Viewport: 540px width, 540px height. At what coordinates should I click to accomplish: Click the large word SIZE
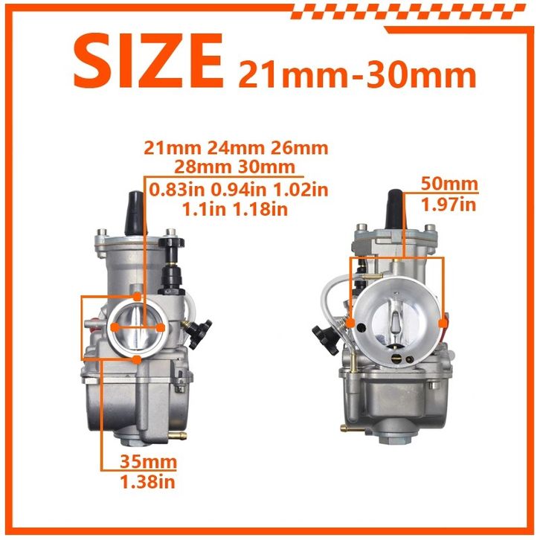click(148, 61)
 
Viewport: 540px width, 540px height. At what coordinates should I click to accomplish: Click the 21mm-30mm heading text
click(358, 74)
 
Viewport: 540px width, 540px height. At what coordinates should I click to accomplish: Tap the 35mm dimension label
click(148, 461)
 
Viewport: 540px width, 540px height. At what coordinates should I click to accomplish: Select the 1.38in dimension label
click(147, 481)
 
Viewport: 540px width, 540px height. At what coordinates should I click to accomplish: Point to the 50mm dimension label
click(450, 184)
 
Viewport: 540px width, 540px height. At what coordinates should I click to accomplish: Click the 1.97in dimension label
click(449, 205)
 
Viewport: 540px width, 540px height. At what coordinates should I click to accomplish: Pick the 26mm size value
click(299, 148)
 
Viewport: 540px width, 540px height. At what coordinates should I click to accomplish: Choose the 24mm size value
click(236, 148)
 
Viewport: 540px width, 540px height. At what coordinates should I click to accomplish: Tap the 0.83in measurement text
click(177, 190)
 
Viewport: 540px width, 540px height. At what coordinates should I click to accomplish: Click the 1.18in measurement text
click(260, 209)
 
